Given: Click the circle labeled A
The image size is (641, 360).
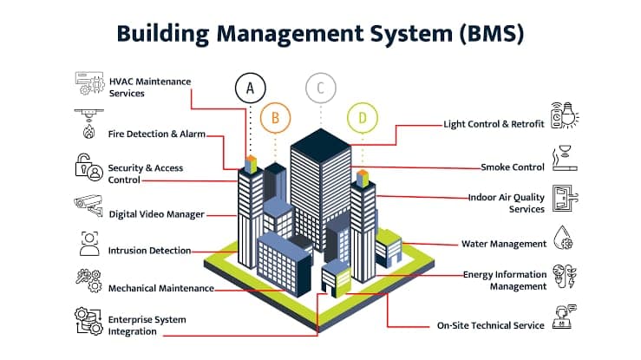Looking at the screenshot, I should (251, 88).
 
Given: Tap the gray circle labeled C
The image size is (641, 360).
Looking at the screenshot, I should (321, 88).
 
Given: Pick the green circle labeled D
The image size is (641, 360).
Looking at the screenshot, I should (363, 115).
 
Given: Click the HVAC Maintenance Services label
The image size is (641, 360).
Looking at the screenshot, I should (149, 87).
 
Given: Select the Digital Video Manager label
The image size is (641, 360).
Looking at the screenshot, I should (157, 213).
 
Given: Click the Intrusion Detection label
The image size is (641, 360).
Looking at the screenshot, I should (149, 251).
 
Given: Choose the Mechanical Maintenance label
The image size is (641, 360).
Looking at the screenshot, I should (157, 287).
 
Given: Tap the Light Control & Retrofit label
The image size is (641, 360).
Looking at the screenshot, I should (494, 124).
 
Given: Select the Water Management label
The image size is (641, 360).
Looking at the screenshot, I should (503, 244).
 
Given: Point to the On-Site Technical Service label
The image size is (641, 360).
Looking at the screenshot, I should (490, 325).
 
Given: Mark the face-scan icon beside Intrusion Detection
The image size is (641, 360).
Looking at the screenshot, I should (88, 244).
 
